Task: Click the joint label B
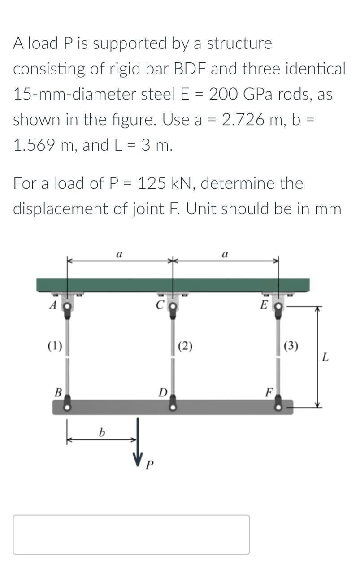57,392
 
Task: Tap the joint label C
159,305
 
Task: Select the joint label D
163,393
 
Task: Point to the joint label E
265,305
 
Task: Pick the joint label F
269,393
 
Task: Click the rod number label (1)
55,345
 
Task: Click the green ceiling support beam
173,285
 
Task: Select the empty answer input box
131,535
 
